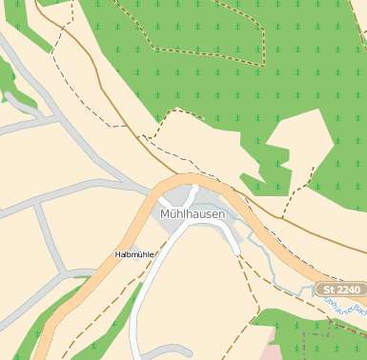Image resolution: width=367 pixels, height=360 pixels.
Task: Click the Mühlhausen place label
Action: click(x=193, y=214)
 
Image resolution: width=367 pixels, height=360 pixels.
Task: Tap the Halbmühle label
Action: click(x=134, y=254)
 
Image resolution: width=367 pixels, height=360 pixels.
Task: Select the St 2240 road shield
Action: click(x=340, y=290)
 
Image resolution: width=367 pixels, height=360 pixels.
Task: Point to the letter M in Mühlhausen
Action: click(x=165, y=214)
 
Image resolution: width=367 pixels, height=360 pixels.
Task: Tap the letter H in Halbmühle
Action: click(x=117, y=254)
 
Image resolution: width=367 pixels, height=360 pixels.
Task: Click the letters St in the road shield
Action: click(x=329, y=290)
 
